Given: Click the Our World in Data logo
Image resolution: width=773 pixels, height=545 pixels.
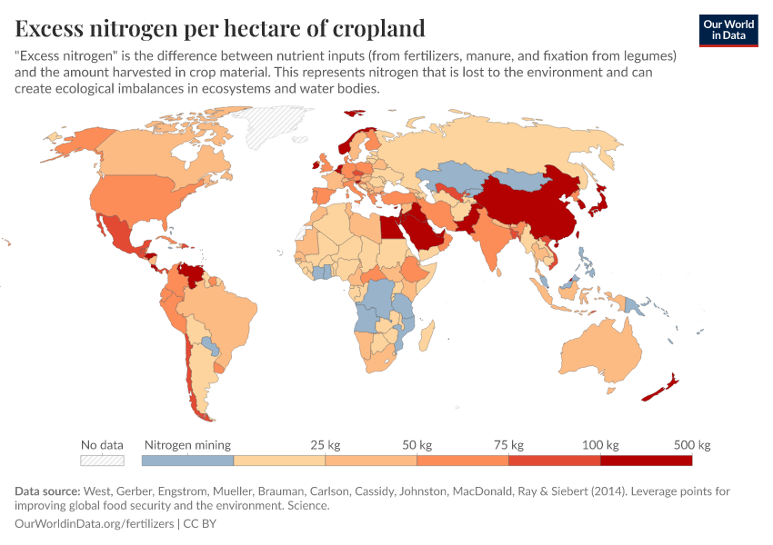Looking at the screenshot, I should pos(728,30).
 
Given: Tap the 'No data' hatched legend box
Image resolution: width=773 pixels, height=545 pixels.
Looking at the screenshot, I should pos(102,461).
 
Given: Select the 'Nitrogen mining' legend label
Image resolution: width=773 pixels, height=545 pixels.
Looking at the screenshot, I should pos(188,445).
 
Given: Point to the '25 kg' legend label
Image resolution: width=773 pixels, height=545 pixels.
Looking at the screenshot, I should pos(326,445).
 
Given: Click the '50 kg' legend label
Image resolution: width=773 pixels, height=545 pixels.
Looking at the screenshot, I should pos(417,445).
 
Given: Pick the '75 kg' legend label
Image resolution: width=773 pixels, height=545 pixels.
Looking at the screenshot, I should pos(508,445).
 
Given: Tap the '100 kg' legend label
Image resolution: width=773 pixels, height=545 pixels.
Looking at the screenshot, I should pos(600,445).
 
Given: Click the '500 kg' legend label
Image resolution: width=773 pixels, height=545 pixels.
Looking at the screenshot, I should pos(692,445).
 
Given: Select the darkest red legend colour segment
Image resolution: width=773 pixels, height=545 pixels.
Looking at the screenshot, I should pos(647,461).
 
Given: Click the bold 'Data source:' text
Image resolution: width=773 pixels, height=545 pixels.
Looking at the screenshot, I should pos(47,491).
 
